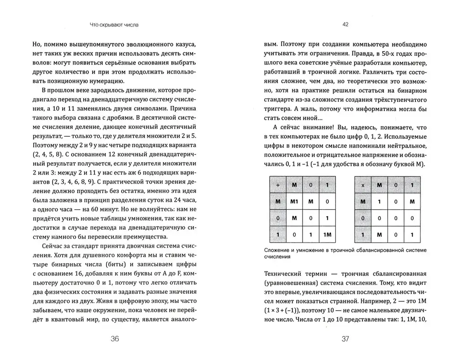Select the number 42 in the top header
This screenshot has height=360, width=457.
[x=345, y=25]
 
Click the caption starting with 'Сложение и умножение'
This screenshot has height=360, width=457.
[x=343, y=253]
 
